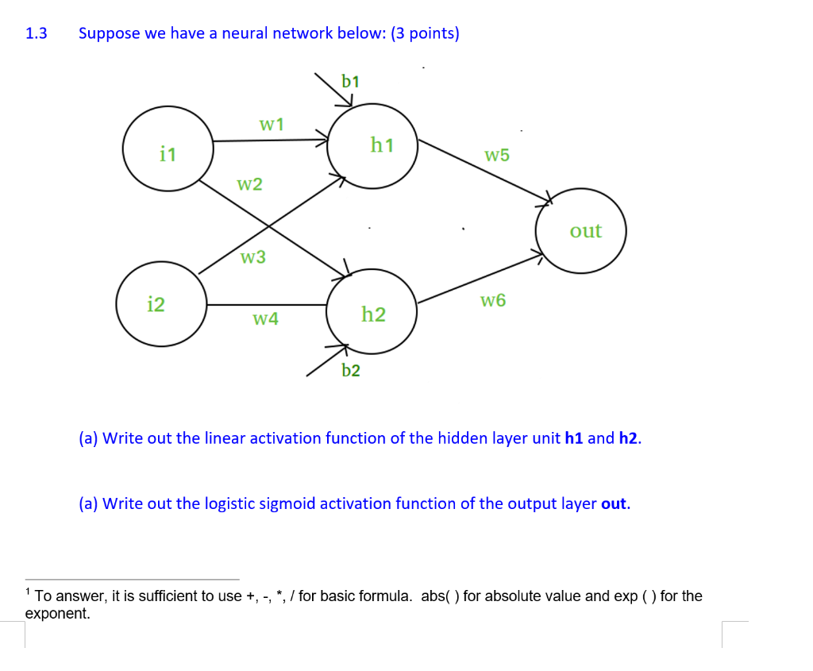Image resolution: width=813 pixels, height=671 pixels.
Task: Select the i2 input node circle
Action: click(x=161, y=304)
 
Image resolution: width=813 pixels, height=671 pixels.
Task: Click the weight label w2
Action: click(x=249, y=185)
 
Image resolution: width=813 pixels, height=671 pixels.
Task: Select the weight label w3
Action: click(x=253, y=257)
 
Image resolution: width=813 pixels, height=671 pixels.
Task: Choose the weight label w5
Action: click(x=497, y=156)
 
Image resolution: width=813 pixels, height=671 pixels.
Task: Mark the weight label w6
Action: click(x=493, y=300)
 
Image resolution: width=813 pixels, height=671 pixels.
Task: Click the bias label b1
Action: click(x=350, y=81)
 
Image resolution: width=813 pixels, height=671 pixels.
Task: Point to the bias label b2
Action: click(x=351, y=370)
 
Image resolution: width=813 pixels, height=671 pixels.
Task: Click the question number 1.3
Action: click(x=37, y=33)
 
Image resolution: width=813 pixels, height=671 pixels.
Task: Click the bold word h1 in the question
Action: click(x=574, y=438)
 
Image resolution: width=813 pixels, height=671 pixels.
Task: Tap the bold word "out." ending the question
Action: click(x=616, y=503)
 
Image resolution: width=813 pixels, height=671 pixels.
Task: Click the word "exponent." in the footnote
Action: click(x=57, y=613)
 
